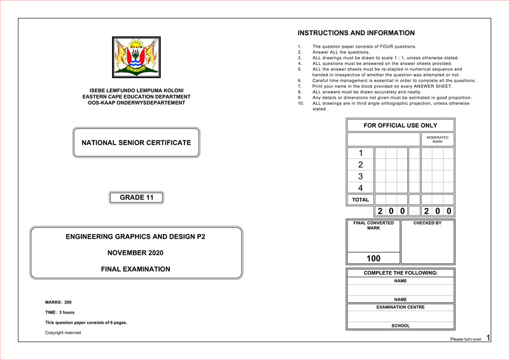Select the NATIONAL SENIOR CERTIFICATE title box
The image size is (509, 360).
136,142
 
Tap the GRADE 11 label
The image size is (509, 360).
136,198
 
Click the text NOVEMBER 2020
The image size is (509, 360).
136,253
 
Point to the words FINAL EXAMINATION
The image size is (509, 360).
136,269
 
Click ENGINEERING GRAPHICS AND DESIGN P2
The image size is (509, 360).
136,237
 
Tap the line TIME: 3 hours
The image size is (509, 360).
60,312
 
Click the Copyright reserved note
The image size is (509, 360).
63,333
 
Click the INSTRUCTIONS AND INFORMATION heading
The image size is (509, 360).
356,33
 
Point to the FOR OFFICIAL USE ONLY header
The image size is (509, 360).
400,125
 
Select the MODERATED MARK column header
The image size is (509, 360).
437,139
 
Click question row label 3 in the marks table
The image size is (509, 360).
361,176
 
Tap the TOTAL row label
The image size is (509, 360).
361,200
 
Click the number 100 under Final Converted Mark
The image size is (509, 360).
373,259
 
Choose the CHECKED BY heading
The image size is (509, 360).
427,223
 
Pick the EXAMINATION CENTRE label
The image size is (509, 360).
400,307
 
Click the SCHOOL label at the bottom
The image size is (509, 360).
400,326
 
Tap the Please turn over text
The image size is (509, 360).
465,340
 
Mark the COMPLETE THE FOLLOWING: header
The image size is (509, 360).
400,273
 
